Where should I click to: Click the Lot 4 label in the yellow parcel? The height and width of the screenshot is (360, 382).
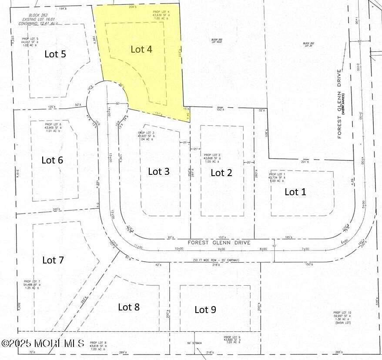(141, 49)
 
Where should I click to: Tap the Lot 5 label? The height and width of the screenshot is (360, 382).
(55, 54)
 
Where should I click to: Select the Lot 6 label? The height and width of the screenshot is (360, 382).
(52, 160)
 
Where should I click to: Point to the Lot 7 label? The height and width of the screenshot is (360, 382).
(53, 260)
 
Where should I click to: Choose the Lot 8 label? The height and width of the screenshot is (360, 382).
(129, 307)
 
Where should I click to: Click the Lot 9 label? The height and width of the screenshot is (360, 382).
(205, 310)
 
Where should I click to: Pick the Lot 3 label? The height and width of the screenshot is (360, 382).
(159, 171)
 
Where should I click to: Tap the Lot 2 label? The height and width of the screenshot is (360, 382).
(221, 173)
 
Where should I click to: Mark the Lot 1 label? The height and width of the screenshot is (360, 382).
(295, 192)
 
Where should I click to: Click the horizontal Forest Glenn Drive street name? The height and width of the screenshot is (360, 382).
(219, 243)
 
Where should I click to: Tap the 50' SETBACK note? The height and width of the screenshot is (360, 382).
(195, 343)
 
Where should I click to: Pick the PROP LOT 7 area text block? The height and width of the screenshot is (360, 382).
(34, 285)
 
